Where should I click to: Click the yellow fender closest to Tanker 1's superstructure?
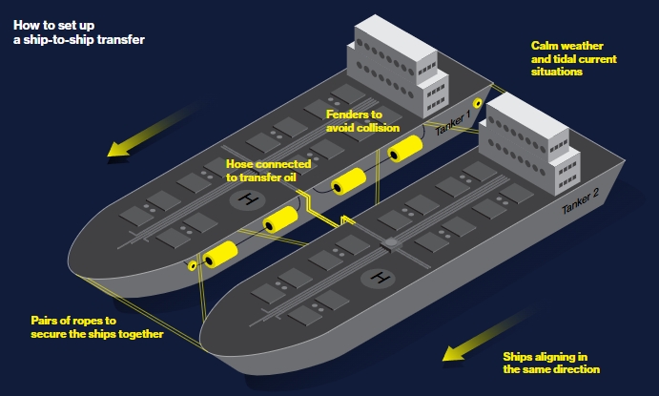tap(404, 148)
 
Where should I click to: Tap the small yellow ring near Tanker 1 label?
tap(478, 102)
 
